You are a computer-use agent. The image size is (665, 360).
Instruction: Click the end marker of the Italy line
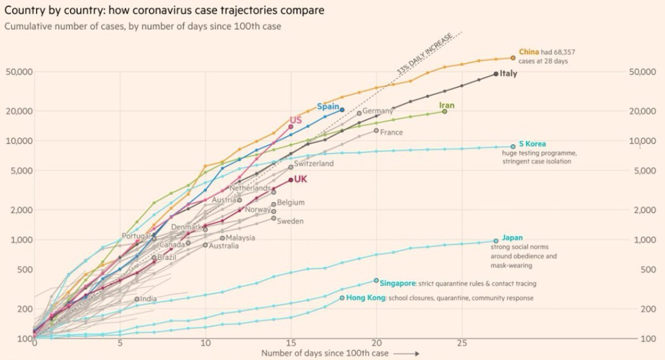(496, 74)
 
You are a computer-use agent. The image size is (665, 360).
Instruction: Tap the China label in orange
(529, 52)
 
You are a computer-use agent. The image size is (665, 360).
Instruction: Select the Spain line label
(328, 106)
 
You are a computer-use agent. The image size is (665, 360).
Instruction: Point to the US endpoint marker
(291, 126)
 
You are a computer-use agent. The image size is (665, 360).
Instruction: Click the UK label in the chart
(300, 179)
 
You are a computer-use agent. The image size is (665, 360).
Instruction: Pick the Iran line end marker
(445, 111)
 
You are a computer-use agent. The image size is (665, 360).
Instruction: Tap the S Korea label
(532, 144)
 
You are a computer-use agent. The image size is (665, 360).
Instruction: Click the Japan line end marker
(496, 241)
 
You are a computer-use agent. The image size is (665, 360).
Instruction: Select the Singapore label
(397, 284)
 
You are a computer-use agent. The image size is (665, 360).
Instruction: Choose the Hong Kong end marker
(342, 298)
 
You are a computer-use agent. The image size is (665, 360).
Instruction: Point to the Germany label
(377, 111)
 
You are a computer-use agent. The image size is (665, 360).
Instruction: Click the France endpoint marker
(376, 131)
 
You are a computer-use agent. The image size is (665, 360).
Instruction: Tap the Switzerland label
(314, 164)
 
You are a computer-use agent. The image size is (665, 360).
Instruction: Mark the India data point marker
(137, 299)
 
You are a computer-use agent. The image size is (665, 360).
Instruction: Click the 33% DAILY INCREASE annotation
(424, 54)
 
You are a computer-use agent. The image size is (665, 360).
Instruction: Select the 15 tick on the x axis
(291, 343)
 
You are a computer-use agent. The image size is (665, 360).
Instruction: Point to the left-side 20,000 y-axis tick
(19, 111)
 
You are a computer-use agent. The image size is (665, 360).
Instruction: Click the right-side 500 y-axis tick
(648, 270)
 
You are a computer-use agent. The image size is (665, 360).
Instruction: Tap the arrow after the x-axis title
(406, 354)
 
